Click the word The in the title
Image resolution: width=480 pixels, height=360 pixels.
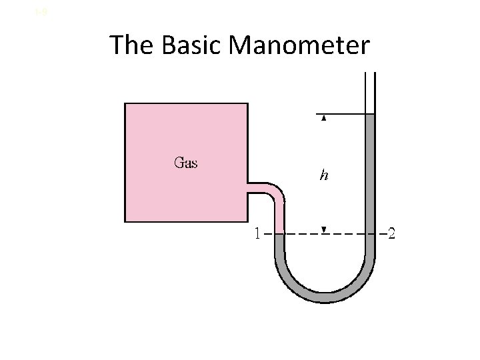(x=131, y=45)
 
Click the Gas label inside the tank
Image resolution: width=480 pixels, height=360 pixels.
(x=185, y=162)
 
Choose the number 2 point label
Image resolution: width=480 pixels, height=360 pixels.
(x=391, y=234)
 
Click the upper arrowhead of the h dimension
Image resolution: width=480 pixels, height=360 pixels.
(x=323, y=118)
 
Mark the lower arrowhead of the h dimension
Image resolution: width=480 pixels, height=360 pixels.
(x=323, y=230)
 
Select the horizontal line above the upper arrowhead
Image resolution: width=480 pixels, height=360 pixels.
(x=340, y=114)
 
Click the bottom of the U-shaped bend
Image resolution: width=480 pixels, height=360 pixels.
(x=325, y=297)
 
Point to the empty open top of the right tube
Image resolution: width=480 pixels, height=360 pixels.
(x=370, y=93)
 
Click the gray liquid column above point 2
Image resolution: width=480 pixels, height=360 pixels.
(x=370, y=173)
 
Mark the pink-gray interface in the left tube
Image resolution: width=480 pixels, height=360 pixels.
(x=279, y=233)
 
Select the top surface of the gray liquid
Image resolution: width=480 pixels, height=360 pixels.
(x=370, y=115)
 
